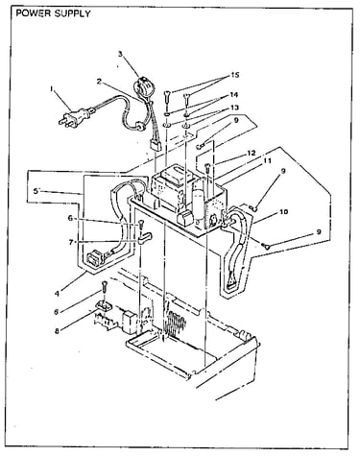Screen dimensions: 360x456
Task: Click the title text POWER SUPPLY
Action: (x=53, y=13)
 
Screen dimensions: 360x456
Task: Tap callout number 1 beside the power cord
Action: (x=52, y=89)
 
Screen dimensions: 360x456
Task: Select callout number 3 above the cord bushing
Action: (x=120, y=54)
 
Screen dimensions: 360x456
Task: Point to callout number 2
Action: (x=100, y=82)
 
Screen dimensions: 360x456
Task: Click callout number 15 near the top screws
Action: (x=235, y=75)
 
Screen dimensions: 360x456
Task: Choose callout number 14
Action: (x=234, y=95)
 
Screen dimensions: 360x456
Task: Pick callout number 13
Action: (x=234, y=108)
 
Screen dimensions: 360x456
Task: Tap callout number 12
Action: (x=252, y=153)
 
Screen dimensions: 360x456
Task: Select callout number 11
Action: (x=267, y=160)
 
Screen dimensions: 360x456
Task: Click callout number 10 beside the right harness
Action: (x=283, y=211)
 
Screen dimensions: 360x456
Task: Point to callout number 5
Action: (x=36, y=191)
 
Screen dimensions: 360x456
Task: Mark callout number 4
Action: (x=57, y=294)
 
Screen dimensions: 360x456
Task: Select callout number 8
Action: (x=57, y=331)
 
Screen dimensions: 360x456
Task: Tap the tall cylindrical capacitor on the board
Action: (x=199, y=206)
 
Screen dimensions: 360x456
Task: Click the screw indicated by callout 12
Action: (x=208, y=167)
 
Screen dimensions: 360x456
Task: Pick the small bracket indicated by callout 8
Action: (x=104, y=305)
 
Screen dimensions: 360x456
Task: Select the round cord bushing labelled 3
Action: (x=142, y=86)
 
